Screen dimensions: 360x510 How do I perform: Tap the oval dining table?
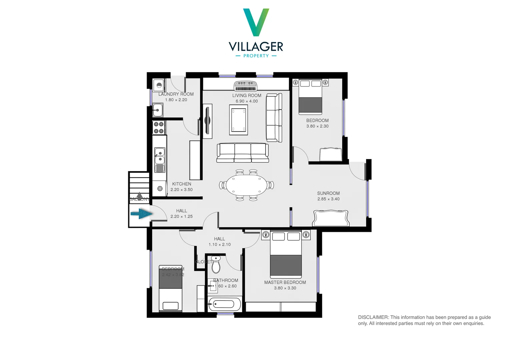pyautogui.click(x=246, y=185)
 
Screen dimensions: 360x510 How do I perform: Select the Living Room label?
pyautogui.click(x=246, y=95)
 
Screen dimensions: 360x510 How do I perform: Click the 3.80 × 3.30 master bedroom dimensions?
pyautogui.click(x=285, y=288)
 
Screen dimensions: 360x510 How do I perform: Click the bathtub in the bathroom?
pyautogui.click(x=224, y=304)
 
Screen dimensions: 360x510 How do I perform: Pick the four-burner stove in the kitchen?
pyautogui.click(x=158, y=127)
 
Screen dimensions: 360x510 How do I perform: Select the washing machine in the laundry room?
pyautogui.click(x=159, y=85)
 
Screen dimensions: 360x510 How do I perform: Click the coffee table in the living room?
pyautogui.click(x=238, y=120)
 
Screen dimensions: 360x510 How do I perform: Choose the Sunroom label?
pyautogui.click(x=328, y=193)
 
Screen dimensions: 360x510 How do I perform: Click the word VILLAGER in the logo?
pyautogui.click(x=256, y=46)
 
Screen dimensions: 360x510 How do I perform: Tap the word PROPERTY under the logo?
pyautogui.click(x=256, y=56)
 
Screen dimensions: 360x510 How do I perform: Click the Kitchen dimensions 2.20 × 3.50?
pyautogui.click(x=181, y=190)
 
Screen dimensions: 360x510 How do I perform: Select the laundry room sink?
pyautogui.click(x=158, y=110)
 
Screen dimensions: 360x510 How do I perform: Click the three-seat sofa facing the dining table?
pyautogui.click(x=242, y=153)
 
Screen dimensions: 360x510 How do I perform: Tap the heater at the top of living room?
pyautogui.click(x=245, y=86)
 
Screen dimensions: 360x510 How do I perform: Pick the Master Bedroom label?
pyautogui.click(x=285, y=282)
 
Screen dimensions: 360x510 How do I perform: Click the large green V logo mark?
pyautogui.click(x=256, y=22)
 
